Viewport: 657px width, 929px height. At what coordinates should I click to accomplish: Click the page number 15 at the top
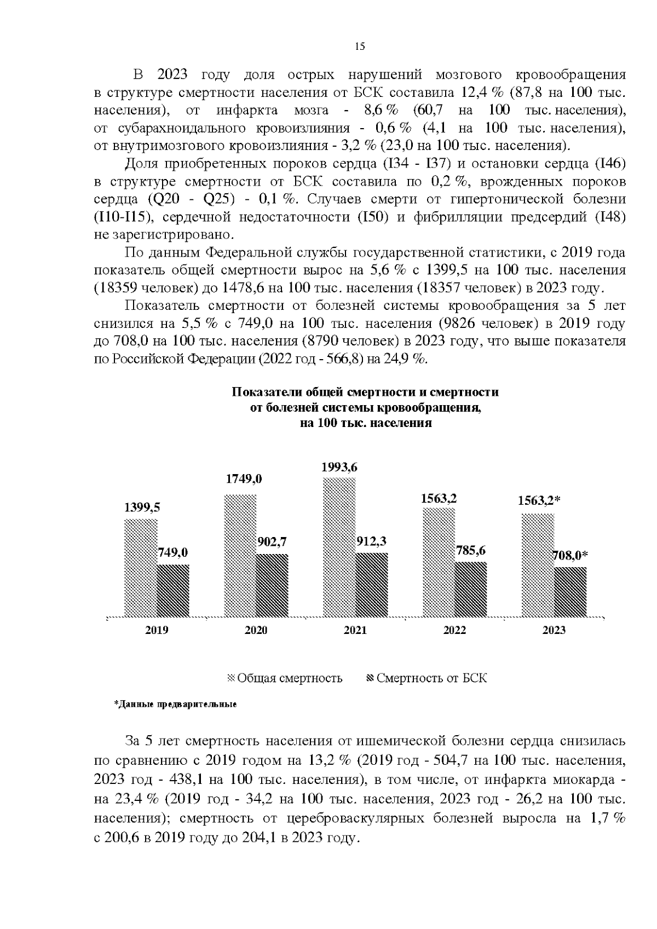[360, 47]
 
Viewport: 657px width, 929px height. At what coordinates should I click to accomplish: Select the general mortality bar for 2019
[141, 567]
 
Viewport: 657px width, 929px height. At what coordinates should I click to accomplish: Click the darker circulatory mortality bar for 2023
[570, 591]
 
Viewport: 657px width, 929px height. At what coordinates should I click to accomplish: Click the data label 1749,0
[244, 479]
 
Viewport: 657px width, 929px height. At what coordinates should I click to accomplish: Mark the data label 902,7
[272, 542]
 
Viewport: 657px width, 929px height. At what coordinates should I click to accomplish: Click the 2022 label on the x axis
[454, 630]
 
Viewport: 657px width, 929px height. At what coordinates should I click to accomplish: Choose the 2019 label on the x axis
[157, 630]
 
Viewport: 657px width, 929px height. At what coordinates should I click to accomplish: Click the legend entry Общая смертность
[285, 678]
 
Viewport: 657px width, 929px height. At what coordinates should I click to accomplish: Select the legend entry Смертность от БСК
[426, 678]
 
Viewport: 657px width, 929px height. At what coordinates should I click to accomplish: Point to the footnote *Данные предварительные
[175, 704]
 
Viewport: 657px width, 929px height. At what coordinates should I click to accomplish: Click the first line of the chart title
[365, 393]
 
